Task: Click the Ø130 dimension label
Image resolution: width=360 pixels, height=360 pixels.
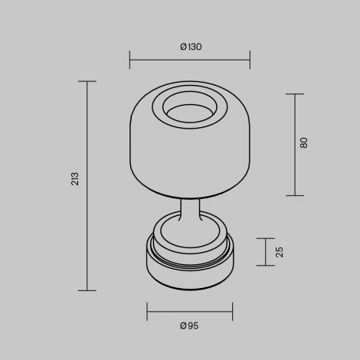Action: (190, 47)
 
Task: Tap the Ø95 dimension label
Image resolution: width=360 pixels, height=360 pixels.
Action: (190, 326)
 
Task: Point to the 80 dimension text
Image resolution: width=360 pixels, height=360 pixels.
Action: (305, 143)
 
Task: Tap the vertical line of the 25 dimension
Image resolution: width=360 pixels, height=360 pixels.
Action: (267, 252)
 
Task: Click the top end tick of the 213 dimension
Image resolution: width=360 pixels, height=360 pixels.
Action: (87, 81)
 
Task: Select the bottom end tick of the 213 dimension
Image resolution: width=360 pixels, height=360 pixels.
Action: (87, 290)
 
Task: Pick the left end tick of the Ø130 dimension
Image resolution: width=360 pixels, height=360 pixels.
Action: (130, 59)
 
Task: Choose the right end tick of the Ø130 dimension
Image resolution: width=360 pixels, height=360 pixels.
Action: (250, 59)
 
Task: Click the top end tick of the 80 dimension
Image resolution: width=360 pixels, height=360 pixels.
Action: (295, 94)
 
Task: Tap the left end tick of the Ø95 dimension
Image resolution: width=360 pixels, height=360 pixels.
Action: (147, 312)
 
